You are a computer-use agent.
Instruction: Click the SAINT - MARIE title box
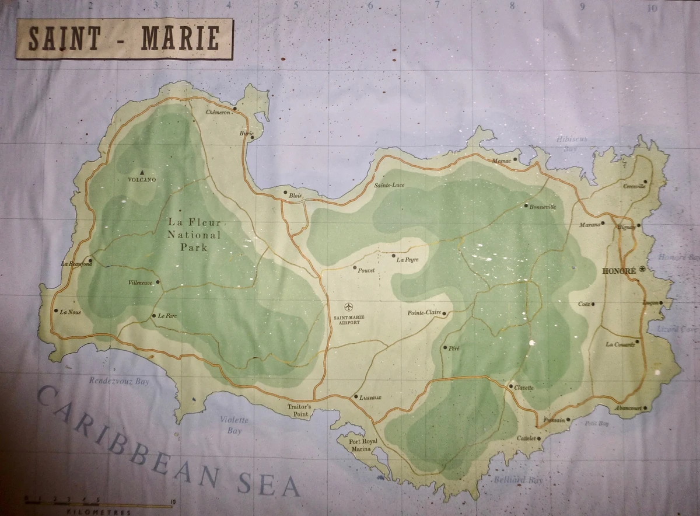tap(124, 39)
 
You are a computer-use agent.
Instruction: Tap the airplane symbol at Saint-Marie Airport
tap(349, 307)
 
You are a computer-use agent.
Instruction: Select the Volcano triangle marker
tap(142, 172)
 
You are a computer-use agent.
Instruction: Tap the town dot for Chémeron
tap(235, 108)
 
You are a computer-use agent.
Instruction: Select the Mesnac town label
tap(501, 161)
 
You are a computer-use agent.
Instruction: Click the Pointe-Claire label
tap(423, 313)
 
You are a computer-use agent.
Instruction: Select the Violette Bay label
tap(235, 425)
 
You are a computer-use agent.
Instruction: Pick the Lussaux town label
tap(370, 398)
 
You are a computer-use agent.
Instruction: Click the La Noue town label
tap(71, 311)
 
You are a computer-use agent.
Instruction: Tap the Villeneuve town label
tap(140, 283)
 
